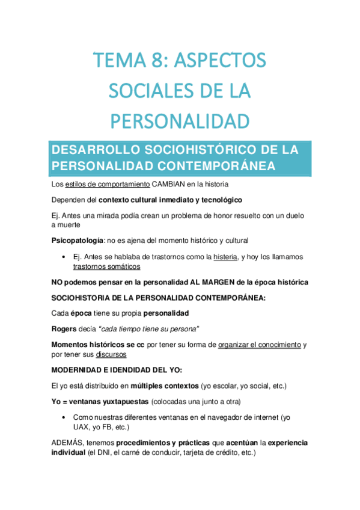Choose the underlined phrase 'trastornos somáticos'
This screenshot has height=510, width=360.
(x=106, y=266)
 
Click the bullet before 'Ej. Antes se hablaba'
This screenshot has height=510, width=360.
(x=64, y=257)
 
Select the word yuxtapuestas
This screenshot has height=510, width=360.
(x=124, y=401)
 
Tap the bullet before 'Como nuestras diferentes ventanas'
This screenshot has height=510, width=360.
(x=64, y=417)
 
